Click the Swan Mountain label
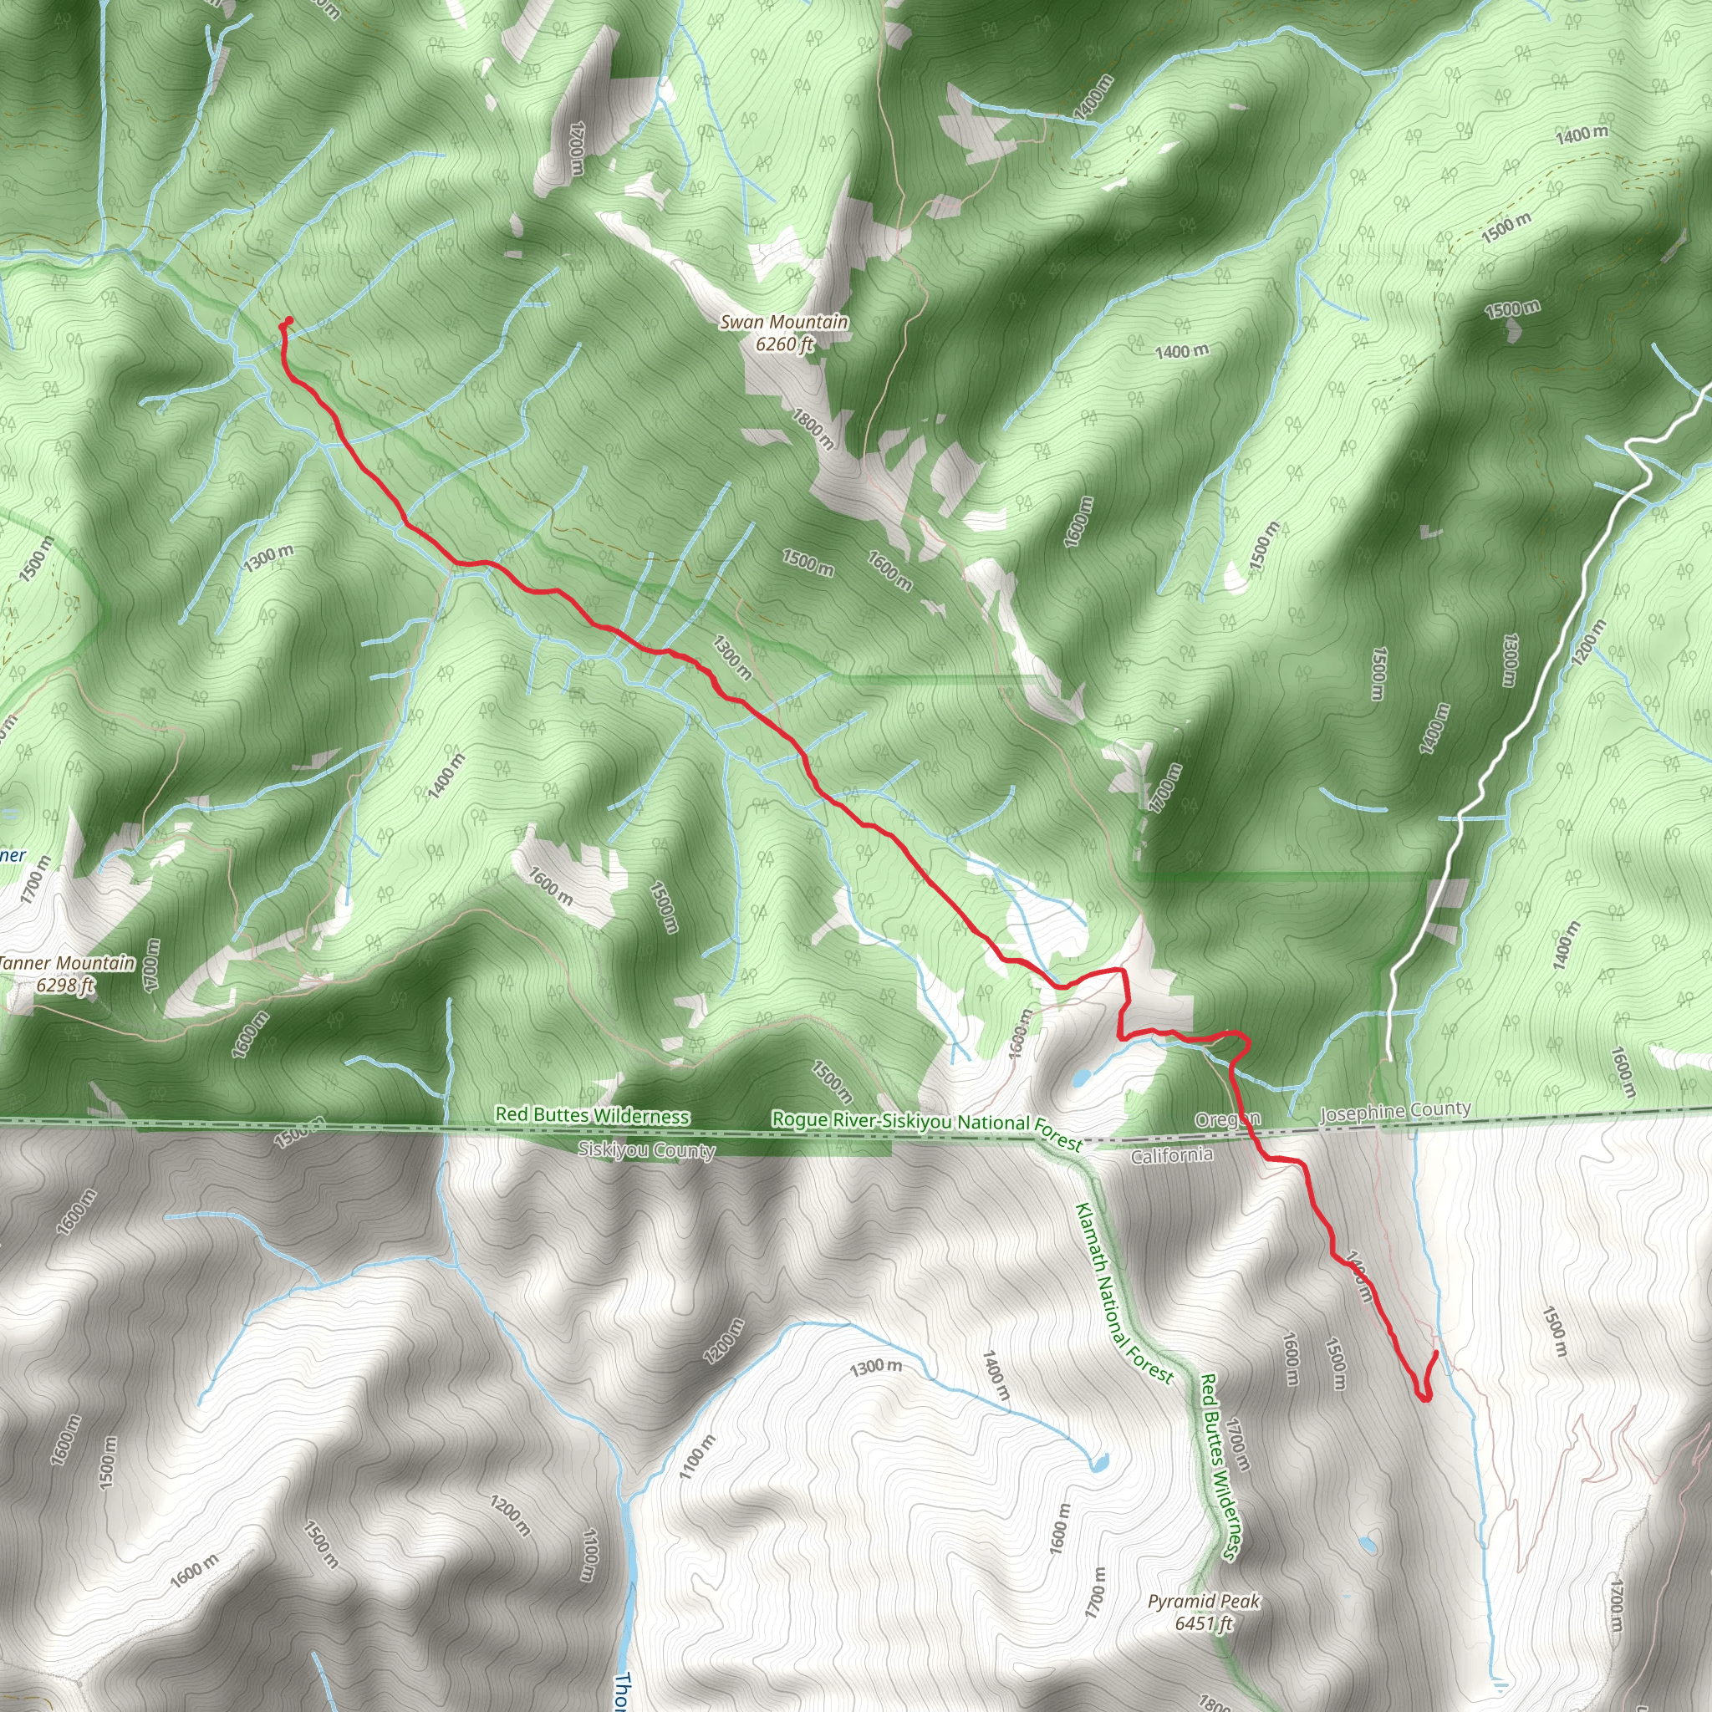click(x=783, y=322)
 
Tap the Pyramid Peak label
click(x=1204, y=1601)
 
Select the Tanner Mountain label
click(x=69, y=963)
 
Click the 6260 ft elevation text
click(x=783, y=344)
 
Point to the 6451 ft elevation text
click(x=1204, y=1623)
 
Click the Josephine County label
click(x=1395, y=1110)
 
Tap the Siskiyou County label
click(x=646, y=1150)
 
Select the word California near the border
click(x=1171, y=1155)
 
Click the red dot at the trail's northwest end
click(x=289, y=322)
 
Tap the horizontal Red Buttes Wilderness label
click(x=592, y=1116)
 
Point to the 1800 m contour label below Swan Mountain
click(x=813, y=428)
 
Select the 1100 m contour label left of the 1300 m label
click(x=696, y=1458)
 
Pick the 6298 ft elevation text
click(x=64, y=985)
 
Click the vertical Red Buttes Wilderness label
click(x=1220, y=1465)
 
